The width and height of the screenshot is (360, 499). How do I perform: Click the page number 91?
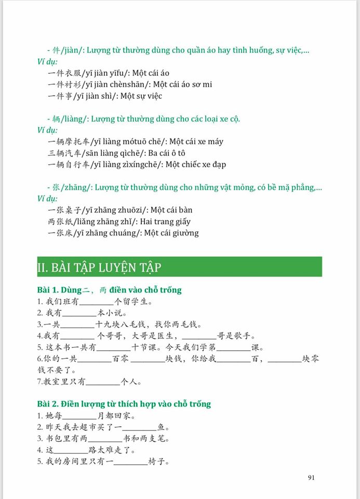311,478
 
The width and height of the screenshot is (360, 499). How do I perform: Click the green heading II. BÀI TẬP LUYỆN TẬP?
99,267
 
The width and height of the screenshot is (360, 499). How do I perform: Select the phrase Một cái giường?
171,233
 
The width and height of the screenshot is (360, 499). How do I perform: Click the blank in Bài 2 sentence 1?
79,416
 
